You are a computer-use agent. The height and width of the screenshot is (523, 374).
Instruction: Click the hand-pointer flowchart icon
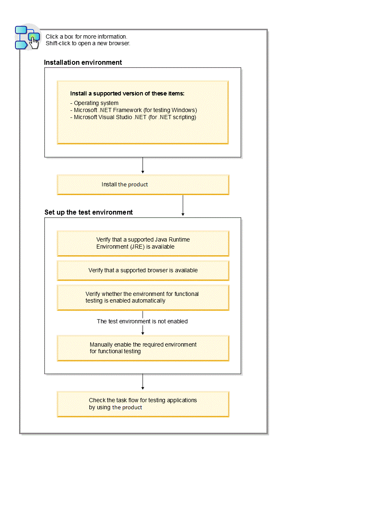click(x=27, y=37)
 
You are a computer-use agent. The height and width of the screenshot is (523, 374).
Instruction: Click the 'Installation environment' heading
click(x=83, y=62)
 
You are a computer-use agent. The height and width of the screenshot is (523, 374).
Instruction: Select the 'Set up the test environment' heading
click(x=89, y=212)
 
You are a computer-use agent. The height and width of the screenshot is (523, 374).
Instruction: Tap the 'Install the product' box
click(x=143, y=184)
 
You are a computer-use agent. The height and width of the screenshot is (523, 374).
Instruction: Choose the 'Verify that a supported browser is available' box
click(x=143, y=270)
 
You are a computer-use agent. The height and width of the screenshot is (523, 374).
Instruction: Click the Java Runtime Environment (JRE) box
click(x=143, y=243)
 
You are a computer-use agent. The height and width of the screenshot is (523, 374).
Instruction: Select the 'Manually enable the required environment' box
click(x=143, y=348)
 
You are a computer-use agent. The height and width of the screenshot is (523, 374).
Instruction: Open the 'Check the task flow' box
click(x=143, y=404)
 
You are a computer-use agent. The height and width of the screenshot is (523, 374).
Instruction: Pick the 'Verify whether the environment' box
click(x=143, y=297)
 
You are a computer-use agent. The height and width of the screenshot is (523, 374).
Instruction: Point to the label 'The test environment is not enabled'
click(x=142, y=321)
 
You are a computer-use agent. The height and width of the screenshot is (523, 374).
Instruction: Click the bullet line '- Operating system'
click(x=94, y=103)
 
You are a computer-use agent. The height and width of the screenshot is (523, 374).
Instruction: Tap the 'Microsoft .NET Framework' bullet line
click(x=133, y=110)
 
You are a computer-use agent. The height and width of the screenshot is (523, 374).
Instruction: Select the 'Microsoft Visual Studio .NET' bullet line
click(x=133, y=117)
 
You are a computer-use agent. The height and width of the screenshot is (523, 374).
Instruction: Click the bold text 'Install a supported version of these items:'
click(x=127, y=93)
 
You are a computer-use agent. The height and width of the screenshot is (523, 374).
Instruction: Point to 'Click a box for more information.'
click(x=86, y=37)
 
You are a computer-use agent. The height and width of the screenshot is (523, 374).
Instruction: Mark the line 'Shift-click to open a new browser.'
click(x=88, y=43)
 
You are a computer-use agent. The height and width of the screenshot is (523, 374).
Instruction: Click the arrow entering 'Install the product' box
click(x=143, y=166)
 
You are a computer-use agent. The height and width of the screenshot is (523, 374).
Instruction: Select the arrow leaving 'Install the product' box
click(x=183, y=206)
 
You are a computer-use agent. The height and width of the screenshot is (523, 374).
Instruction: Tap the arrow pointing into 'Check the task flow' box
click(x=143, y=382)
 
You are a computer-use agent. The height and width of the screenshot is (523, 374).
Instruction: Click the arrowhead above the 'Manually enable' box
click(x=143, y=332)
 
